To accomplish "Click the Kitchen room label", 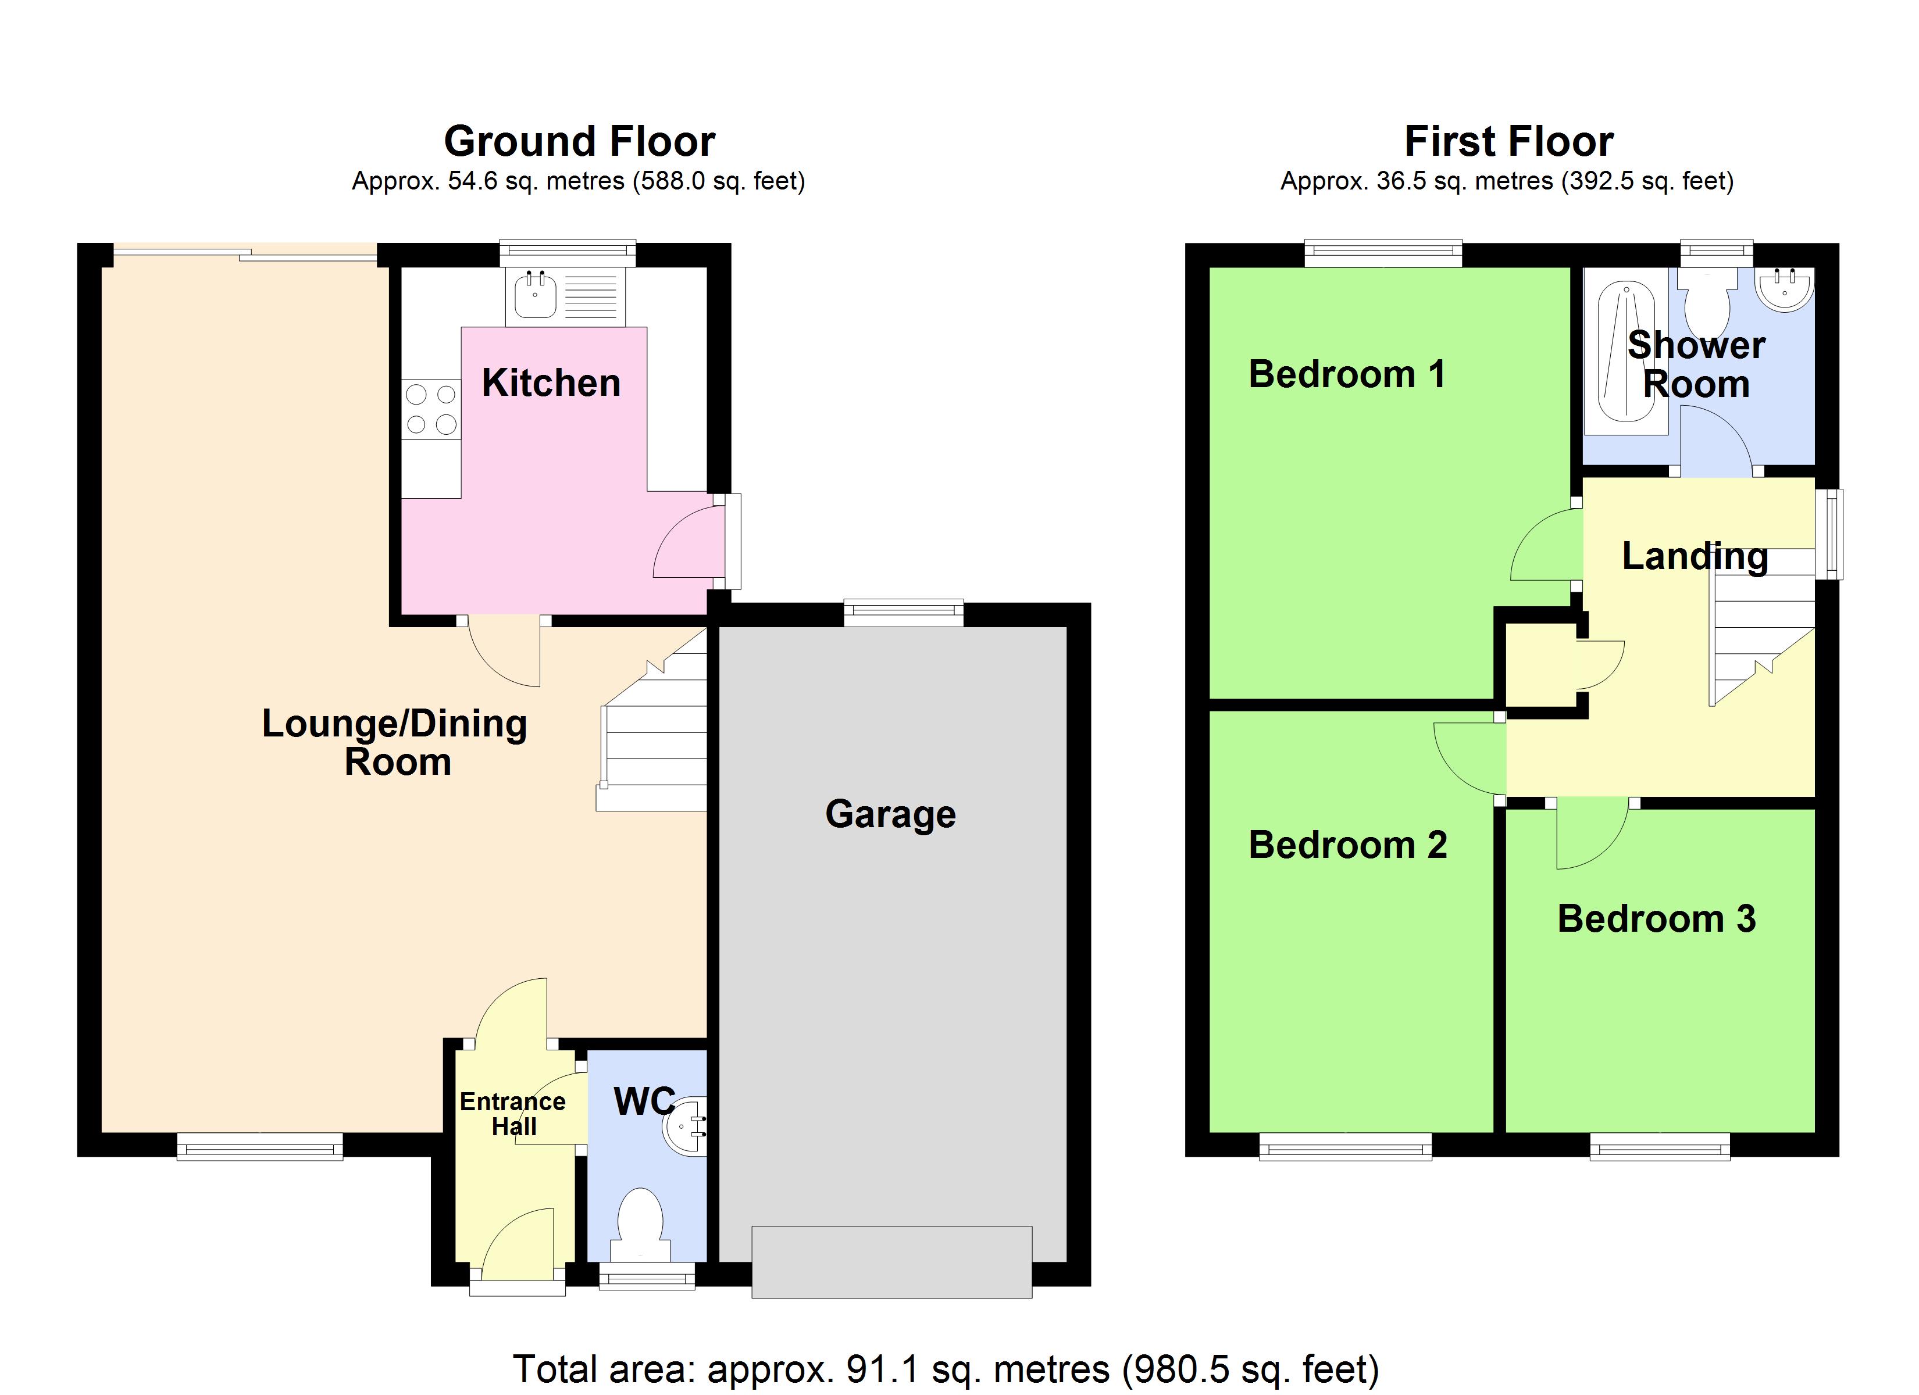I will point(551,383).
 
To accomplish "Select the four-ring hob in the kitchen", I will point(431,409).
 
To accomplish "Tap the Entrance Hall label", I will point(513,1113).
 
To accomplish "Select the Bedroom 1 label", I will point(1346,374).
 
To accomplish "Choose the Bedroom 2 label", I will point(1347,845).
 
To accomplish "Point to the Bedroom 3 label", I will point(1656,919).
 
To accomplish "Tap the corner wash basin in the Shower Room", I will point(1785,288).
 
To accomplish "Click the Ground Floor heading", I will point(580,141).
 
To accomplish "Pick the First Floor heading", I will point(1508,141).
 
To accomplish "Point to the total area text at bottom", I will point(946,1369).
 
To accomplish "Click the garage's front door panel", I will point(892,1261).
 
